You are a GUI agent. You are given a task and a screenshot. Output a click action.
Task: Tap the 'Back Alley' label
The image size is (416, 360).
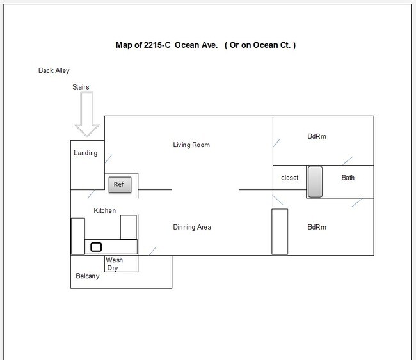(x=54, y=71)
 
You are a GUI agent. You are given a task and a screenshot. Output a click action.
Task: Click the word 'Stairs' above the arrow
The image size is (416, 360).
(x=81, y=87)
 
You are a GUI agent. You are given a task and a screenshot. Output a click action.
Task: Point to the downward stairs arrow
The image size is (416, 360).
(x=86, y=114)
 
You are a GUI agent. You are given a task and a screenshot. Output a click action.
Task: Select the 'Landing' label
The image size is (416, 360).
(x=86, y=153)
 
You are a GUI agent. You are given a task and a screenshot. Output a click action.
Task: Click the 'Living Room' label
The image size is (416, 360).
(x=191, y=145)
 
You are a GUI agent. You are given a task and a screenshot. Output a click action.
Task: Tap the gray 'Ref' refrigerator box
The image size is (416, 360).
(x=120, y=185)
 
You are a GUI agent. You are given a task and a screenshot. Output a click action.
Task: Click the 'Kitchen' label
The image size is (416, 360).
(x=105, y=210)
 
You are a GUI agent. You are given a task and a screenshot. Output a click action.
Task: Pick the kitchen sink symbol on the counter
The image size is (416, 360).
(x=96, y=247)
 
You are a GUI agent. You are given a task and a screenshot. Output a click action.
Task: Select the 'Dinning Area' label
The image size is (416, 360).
(x=192, y=227)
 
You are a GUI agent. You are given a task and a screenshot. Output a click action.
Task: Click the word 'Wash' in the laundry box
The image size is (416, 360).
(x=115, y=260)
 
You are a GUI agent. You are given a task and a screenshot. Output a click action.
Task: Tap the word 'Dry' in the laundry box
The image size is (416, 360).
(x=113, y=269)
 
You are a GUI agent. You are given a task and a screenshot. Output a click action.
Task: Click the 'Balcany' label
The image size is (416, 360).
(x=88, y=277)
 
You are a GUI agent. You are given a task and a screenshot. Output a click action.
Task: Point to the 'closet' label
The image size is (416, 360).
(x=290, y=178)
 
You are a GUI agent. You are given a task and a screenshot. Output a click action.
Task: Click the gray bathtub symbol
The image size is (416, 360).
(x=315, y=182)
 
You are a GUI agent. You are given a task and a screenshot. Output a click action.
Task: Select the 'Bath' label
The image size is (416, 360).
(x=348, y=178)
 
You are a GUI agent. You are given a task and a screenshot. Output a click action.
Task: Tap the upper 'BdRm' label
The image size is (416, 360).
(x=317, y=136)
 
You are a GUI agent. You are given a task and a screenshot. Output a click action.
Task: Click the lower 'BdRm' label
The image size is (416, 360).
(x=317, y=227)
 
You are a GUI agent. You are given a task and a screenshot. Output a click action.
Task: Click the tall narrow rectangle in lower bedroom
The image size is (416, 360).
(x=280, y=231)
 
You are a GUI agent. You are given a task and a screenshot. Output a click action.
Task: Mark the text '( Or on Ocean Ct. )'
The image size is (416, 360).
(x=260, y=45)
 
